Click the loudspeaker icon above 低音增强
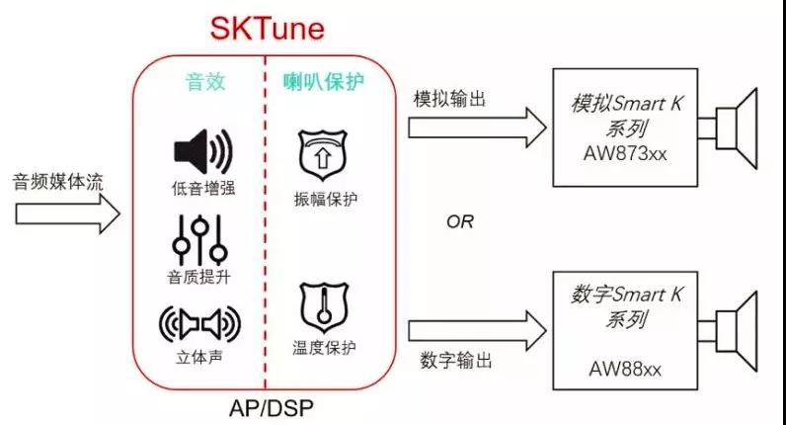click(x=201, y=151)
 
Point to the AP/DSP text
click(x=264, y=407)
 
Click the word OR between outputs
click(x=459, y=221)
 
